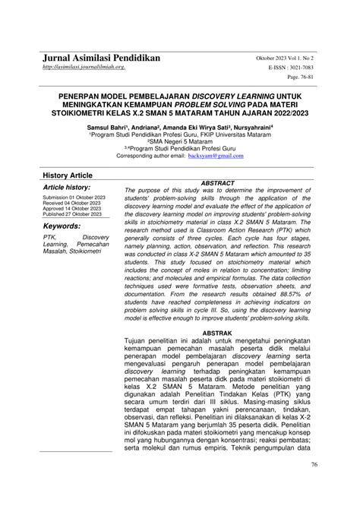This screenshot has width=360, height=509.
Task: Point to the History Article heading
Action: [68, 175]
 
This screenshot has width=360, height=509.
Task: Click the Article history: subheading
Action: [67, 187]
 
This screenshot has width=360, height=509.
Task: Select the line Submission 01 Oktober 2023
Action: [74, 198]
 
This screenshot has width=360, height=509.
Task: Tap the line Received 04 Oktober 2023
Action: [74, 204]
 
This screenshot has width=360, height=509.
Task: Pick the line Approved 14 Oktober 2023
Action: [74, 210]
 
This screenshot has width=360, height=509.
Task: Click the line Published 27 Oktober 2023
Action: [74, 216]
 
